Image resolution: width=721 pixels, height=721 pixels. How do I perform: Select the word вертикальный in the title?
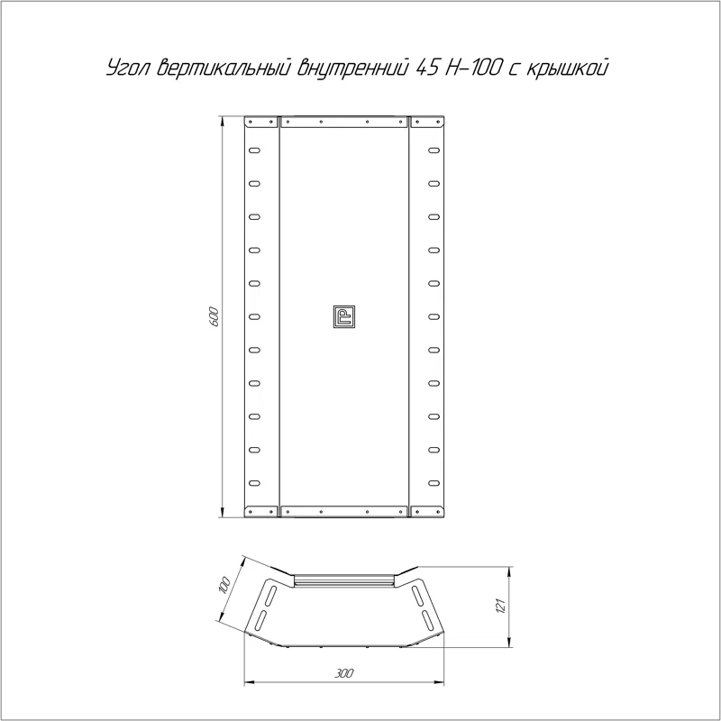(x=224, y=68)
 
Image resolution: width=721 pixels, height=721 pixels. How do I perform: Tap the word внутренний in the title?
(x=353, y=68)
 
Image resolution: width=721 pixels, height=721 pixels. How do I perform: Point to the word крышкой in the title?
(x=567, y=68)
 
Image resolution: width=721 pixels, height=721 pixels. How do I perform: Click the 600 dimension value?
(x=214, y=316)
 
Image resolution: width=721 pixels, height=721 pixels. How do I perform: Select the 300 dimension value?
(x=343, y=673)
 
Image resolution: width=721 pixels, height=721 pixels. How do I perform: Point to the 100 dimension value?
(x=224, y=586)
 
